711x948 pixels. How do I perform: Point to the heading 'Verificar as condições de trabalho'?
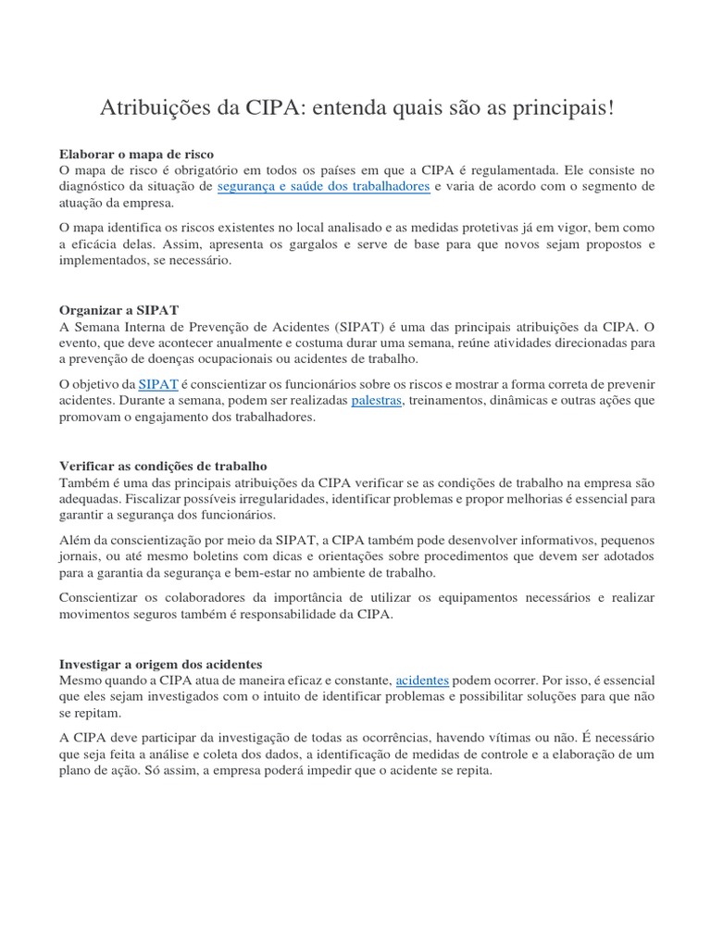coord(163,466)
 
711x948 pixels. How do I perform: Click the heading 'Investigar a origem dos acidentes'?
coord(161,664)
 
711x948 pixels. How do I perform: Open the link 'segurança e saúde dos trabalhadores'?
coord(324,187)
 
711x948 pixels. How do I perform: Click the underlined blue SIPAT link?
coord(158,384)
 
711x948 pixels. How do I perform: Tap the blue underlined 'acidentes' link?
coord(421,680)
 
